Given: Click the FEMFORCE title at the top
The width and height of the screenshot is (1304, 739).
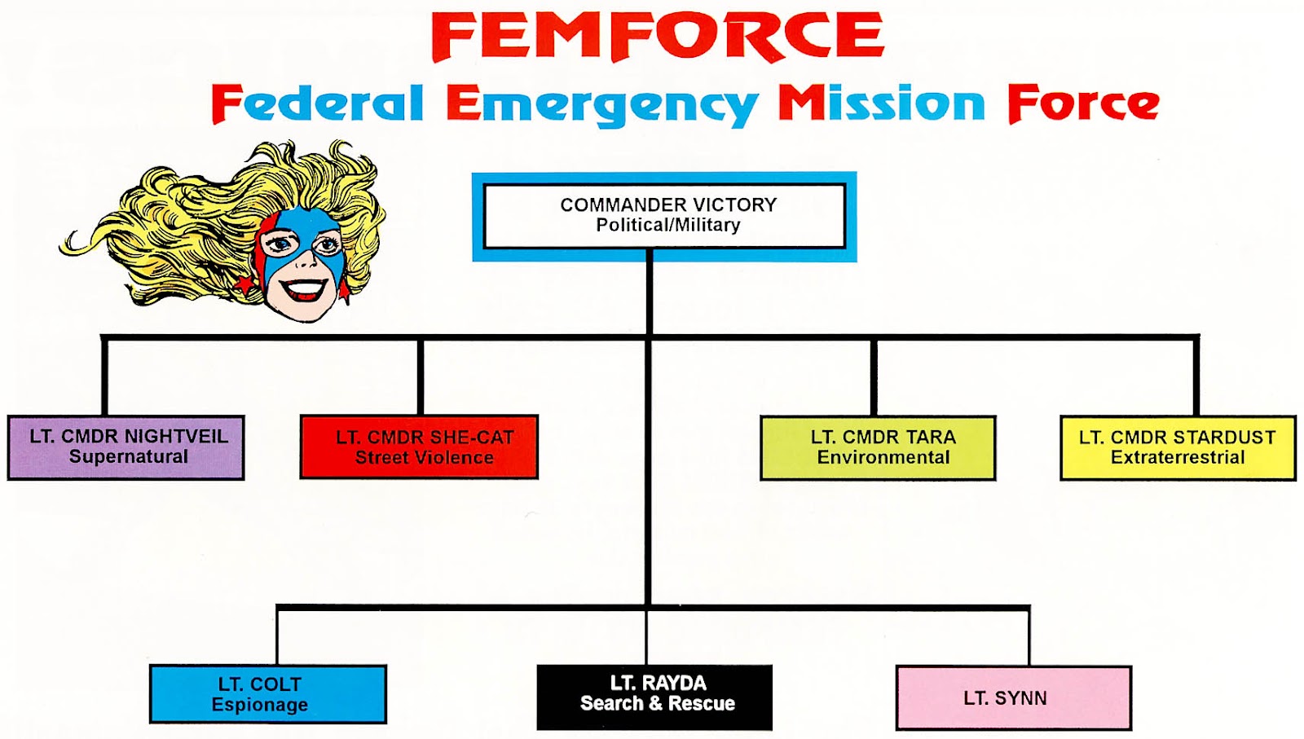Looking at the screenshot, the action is click(x=658, y=36).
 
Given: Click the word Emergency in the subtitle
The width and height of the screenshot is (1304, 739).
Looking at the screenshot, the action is click(x=602, y=105).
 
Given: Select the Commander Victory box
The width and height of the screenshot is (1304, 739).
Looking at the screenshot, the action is click(x=664, y=217).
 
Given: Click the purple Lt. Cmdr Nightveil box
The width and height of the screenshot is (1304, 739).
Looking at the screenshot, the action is click(x=126, y=447).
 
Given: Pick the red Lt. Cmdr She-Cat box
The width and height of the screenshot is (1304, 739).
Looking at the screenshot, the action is click(x=419, y=446).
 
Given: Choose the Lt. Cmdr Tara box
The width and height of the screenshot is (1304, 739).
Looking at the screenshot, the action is click(x=878, y=447).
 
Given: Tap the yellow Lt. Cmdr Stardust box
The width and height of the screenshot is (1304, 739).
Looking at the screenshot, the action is click(x=1178, y=447).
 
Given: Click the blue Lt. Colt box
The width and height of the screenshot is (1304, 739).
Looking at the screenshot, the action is click(x=268, y=694).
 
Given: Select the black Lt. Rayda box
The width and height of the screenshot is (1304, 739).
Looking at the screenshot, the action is click(x=654, y=697).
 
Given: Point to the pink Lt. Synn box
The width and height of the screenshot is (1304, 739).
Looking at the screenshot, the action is click(x=1014, y=697).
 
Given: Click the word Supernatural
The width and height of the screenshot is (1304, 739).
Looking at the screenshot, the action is click(x=129, y=457).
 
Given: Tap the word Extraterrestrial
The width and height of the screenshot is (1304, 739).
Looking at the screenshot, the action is click(x=1178, y=457).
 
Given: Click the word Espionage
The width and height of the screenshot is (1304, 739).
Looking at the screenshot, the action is click(x=260, y=705).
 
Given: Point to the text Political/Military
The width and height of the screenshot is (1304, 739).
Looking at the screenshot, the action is click(x=668, y=225).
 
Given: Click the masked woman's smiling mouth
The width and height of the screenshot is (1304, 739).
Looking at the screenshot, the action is click(x=302, y=288).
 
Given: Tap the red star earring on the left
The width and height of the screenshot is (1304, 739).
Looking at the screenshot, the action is click(x=245, y=284).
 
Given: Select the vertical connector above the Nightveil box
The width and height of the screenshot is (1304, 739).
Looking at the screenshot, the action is click(x=105, y=376).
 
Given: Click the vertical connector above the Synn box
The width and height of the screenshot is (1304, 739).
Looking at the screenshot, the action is click(x=1029, y=637).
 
